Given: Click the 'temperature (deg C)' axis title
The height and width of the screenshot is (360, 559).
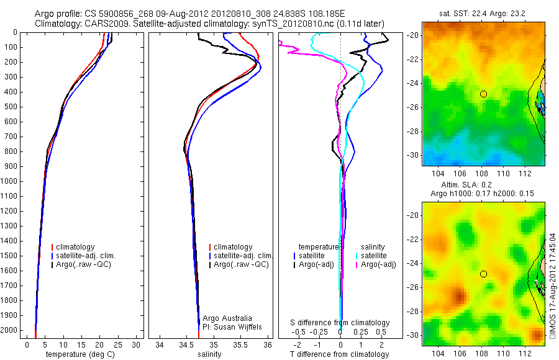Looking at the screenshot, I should (81, 354).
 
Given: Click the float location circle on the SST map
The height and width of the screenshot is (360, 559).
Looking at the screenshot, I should (483, 94).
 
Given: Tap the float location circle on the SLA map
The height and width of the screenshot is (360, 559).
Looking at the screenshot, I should (483, 274).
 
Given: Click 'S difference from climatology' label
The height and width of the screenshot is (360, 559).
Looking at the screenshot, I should (340, 323).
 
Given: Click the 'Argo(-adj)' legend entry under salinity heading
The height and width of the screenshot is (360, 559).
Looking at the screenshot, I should (378, 264).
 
